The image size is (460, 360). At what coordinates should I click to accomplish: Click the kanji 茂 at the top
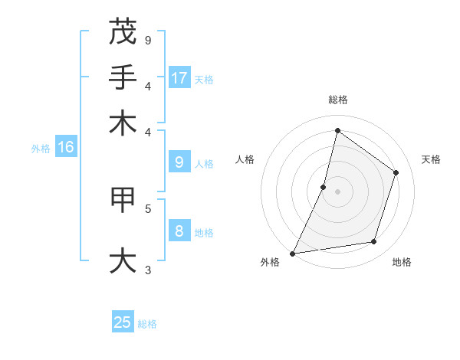(123, 33)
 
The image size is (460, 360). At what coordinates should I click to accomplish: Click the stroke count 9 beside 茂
(147, 40)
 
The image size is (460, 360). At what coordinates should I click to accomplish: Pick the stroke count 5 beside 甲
(147, 208)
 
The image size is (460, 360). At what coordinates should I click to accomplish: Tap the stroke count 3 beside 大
(147, 269)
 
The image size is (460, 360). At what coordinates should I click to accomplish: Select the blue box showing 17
(179, 77)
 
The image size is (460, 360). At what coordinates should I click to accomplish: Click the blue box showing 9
(179, 162)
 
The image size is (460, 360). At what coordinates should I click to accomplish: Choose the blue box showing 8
(179, 231)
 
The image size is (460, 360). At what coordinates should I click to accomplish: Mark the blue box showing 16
(65, 147)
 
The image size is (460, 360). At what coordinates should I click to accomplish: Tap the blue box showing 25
(123, 322)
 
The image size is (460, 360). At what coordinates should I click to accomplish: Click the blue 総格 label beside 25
(147, 324)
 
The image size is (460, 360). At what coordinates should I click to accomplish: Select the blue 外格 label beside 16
(41, 149)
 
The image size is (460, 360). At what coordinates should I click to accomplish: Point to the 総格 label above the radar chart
(337, 100)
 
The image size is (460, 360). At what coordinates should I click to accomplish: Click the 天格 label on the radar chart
(431, 159)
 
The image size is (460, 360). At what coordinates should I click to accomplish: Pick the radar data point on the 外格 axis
(293, 253)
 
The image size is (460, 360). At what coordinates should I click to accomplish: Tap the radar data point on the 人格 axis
(324, 187)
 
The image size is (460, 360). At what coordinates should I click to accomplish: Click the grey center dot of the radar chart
(337, 191)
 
